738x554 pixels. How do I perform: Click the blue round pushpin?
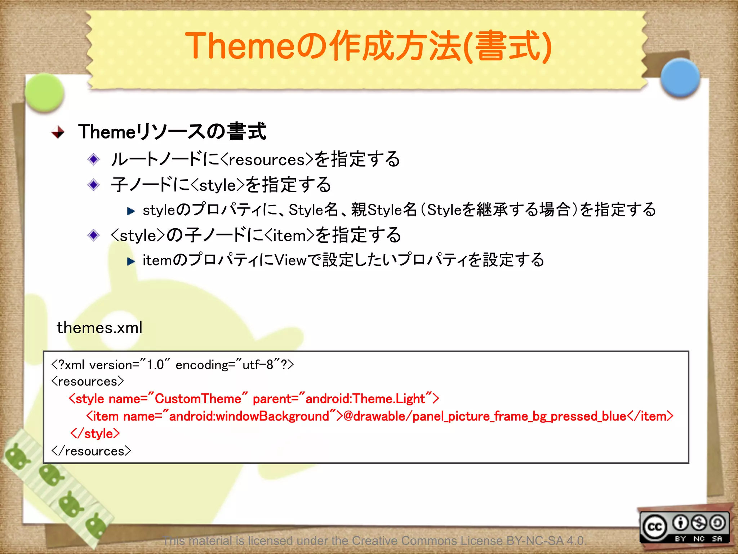click(680, 78)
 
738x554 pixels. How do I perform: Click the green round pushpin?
click(45, 92)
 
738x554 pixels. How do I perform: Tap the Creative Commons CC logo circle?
click(655, 527)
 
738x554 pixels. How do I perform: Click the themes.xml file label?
click(99, 327)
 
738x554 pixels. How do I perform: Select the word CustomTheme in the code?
click(198, 399)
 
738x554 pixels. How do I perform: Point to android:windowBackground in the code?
click(249, 416)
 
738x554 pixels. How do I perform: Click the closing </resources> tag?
click(91, 451)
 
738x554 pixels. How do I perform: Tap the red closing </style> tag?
click(95, 434)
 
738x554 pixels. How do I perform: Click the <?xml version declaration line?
click(172, 365)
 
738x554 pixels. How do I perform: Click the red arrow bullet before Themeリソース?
click(58, 132)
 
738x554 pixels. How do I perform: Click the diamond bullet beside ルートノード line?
click(94, 159)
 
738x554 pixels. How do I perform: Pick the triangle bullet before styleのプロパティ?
click(131, 211)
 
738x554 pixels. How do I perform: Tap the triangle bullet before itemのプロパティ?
click(131, 261)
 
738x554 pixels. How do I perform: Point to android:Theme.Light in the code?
click(365, 399)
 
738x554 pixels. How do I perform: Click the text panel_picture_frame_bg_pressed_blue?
click(519, 416)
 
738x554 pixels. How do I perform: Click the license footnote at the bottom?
click(375, 540)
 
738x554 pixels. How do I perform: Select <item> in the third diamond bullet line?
click(290, 236)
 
